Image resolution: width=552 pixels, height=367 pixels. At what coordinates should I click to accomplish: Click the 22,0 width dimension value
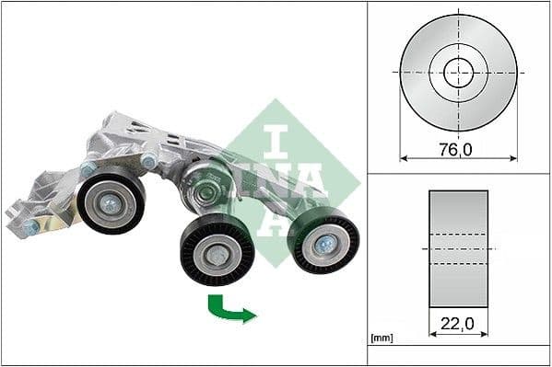tap(458, 323)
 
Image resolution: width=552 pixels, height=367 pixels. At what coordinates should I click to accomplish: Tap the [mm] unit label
tap(382, 339)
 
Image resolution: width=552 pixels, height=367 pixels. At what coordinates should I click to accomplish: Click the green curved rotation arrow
tap(229, 309)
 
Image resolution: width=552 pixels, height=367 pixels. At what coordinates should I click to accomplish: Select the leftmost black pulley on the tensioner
tap(111, 202)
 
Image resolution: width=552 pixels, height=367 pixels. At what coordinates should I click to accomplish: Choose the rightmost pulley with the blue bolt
tap(323, 241)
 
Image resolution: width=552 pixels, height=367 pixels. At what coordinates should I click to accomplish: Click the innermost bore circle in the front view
tap(458, 72)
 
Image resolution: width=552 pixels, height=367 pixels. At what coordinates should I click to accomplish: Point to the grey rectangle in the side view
tap(458, 249)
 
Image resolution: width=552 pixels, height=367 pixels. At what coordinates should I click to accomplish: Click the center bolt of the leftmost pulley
tap(111, 204)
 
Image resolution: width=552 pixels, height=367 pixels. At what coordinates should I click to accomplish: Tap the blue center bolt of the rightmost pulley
tap(325, 244)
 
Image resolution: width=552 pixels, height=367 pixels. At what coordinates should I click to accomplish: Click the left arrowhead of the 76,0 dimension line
tap(404, 158)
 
